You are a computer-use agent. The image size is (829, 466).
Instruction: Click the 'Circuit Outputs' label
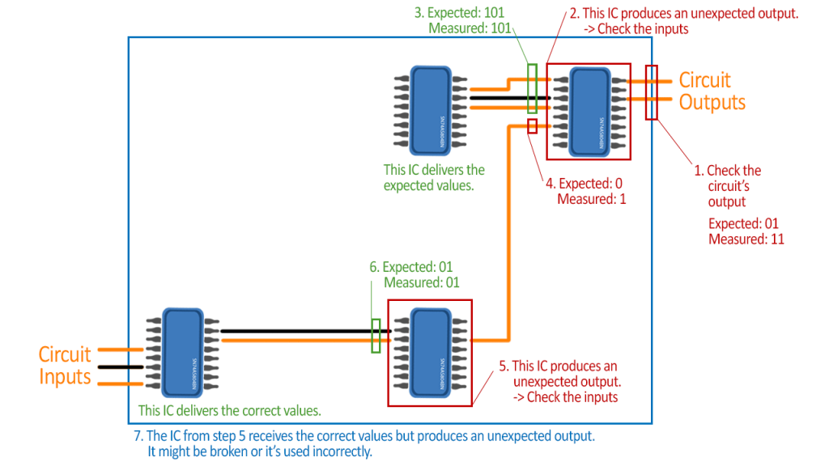tap(711, 91)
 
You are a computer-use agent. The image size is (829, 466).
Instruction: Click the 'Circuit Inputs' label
tap(65, 366)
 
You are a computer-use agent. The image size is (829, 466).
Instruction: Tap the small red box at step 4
tap(532, 125)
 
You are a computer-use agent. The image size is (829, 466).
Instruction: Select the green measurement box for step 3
tap(532, 88)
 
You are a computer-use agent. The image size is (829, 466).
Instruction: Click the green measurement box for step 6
tap(376, 336)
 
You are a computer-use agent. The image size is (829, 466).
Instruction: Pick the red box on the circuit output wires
tap(651, 92)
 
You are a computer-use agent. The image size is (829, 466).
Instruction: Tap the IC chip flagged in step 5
tap(428, 352)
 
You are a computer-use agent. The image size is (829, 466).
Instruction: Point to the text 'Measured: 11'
tap(746, 239)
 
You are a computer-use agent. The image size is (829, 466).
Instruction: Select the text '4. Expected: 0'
tap(585, 184)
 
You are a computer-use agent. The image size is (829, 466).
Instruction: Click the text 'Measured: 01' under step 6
tap(421, 282)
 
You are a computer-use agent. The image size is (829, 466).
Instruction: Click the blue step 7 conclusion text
tap(364, 443)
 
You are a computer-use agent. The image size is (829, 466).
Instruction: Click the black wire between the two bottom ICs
tap(300, 331)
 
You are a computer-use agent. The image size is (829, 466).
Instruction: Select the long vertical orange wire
tap(508, 235)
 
